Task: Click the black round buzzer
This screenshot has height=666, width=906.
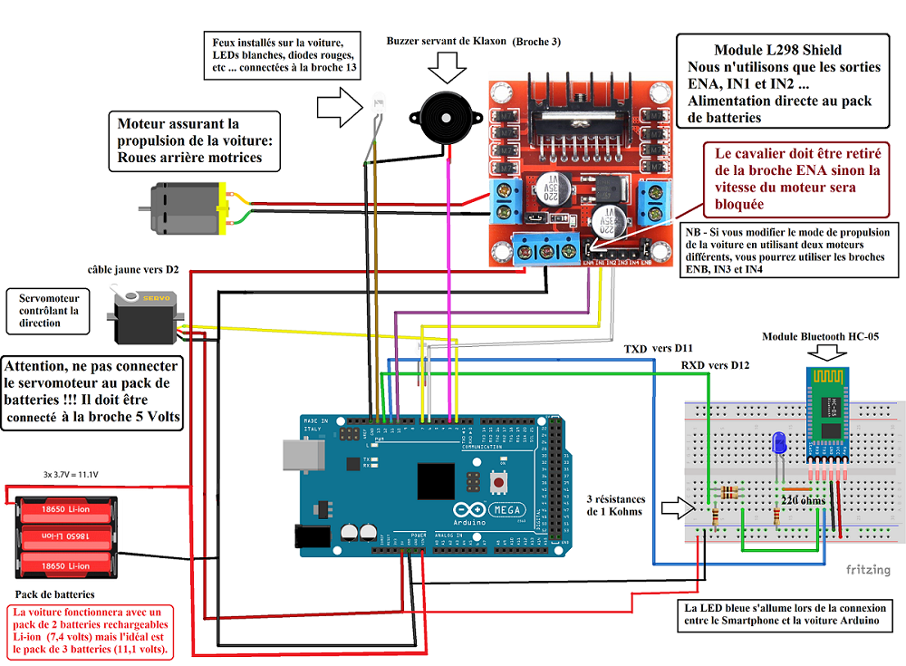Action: [x=442, y=113]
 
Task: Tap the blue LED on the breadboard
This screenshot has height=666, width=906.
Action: [x=776, y=444]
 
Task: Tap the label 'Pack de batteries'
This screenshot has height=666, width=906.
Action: [x=54, y=594]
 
